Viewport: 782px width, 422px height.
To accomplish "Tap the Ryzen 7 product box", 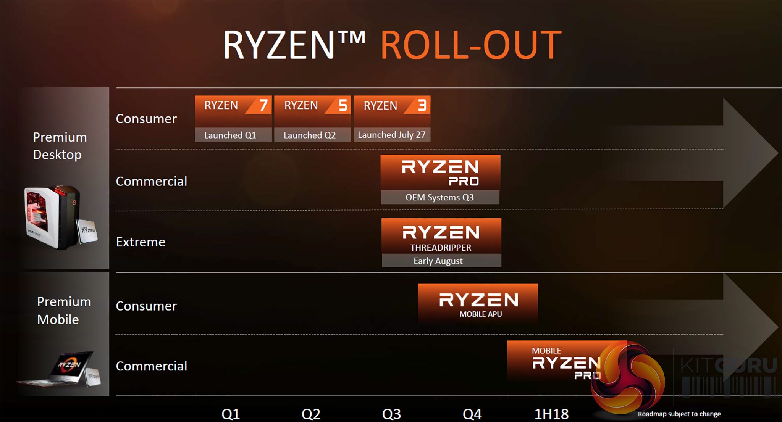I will (233, 111).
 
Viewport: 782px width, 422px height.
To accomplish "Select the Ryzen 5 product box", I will (312, 111).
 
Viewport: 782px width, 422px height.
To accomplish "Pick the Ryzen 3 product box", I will (392, 111).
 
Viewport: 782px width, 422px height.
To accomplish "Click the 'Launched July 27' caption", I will (392, 135).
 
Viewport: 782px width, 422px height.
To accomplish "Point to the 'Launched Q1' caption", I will (230, 135).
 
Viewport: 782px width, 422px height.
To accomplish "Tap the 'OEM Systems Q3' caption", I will (439, 197).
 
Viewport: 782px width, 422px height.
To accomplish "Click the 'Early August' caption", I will (438, 261).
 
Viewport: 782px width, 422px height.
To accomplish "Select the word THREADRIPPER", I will (441, 248).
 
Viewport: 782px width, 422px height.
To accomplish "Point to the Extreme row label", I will (141, 242).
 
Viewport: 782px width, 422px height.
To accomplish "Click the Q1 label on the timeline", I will (231, 414).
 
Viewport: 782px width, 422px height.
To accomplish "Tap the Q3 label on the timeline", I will (392, 414).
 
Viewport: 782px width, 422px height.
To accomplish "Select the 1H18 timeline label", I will (551, 414).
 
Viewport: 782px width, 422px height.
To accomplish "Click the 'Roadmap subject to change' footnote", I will (679, 414).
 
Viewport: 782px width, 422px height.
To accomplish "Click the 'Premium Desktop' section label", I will (60, 146).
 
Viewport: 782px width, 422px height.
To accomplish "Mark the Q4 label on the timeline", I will (472, 414).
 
